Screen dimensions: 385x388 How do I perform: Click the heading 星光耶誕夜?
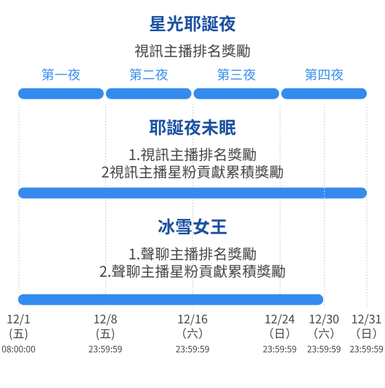point(192,24)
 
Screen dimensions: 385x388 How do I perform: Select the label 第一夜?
point(61,75)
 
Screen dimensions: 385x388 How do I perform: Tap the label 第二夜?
point(149,75)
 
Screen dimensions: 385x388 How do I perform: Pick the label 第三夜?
point(236,75)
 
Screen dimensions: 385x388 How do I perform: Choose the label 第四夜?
point(324,75)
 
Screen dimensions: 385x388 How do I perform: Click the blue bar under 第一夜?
point(61,94)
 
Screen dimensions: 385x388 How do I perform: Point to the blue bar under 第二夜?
point(149,94)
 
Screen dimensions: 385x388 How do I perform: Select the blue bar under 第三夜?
point(236,94)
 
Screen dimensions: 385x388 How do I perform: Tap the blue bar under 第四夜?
point(324,94)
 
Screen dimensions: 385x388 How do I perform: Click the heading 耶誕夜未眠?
point(192,128)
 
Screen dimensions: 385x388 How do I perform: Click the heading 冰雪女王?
point(192,227)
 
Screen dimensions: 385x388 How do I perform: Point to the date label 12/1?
point(19,319)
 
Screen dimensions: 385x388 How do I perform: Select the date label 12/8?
point(105,319)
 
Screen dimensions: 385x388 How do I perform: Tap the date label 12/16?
point(192,319)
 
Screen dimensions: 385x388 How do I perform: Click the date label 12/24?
point(280,319)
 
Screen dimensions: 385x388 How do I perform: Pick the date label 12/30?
point(324,319)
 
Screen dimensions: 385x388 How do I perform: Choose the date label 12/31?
point(366,319)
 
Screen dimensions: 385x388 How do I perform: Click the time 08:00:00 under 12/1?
point(19,349)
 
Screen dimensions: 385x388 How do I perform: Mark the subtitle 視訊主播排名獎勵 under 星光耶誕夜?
point(192,51)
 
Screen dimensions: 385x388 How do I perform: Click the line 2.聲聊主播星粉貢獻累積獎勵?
point(192,271)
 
